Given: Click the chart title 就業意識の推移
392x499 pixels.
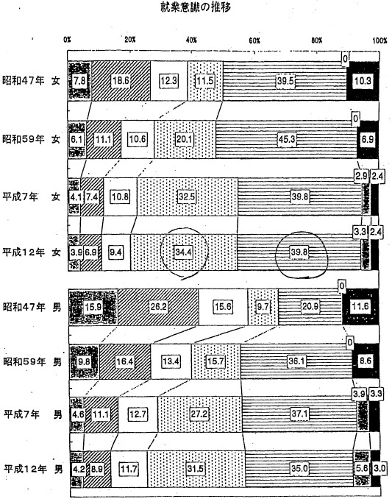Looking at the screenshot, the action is [196, 7].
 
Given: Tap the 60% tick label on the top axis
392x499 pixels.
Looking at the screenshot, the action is [254, 40].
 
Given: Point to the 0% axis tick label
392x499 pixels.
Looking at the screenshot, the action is [67, 40].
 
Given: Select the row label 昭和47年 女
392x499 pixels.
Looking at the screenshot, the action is [31, 80].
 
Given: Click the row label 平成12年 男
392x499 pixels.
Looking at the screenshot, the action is [33, 469].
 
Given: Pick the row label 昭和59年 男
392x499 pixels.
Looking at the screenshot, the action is [32, 361].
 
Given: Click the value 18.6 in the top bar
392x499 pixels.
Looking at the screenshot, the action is [121, 80].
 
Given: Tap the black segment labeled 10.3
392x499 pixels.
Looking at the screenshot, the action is [363, 81].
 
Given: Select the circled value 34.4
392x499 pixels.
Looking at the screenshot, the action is [183, 252].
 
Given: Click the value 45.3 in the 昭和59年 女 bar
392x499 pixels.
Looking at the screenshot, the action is [287, 139].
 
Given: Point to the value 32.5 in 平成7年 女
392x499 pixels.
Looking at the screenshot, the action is [187, 197].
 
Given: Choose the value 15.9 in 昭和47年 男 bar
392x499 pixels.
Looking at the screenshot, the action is [93, 307].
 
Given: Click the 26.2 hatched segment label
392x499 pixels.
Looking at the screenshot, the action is [158, 307].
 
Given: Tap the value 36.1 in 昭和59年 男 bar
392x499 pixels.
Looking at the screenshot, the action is [296, 361].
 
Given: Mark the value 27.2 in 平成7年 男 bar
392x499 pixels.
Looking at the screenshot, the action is [199, 414].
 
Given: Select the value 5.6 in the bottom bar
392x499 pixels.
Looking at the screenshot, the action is [362, 468].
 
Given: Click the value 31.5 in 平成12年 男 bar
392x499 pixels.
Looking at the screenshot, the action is [195, 468].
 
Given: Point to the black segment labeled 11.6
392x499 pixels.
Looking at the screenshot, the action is [360, 307].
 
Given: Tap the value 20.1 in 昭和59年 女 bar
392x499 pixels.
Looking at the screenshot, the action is [185, 139].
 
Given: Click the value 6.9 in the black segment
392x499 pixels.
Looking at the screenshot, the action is [368, 139].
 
